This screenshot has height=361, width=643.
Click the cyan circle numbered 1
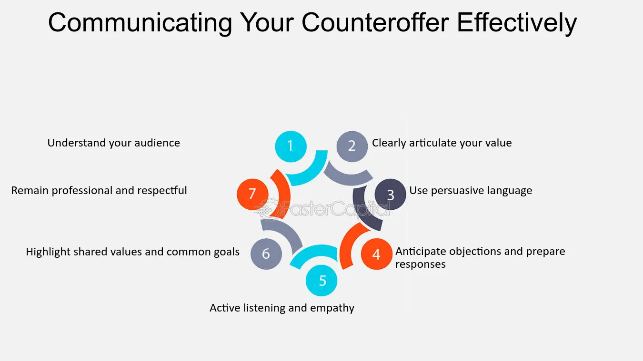291,146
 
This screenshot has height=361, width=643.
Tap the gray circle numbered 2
352,146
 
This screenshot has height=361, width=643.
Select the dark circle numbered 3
390,195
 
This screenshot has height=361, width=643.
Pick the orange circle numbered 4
376,254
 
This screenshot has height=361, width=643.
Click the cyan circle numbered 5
321,281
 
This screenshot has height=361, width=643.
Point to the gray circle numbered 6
266,254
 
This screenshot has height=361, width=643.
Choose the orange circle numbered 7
252,194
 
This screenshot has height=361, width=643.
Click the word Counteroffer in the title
375,23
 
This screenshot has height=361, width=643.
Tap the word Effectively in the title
517,23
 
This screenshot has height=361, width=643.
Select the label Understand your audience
114,143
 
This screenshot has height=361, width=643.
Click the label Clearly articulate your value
442,143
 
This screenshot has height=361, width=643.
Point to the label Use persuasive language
471,190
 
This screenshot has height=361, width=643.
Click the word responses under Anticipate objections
420,264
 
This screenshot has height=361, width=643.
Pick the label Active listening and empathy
282,308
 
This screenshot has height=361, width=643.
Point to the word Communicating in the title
140,23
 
